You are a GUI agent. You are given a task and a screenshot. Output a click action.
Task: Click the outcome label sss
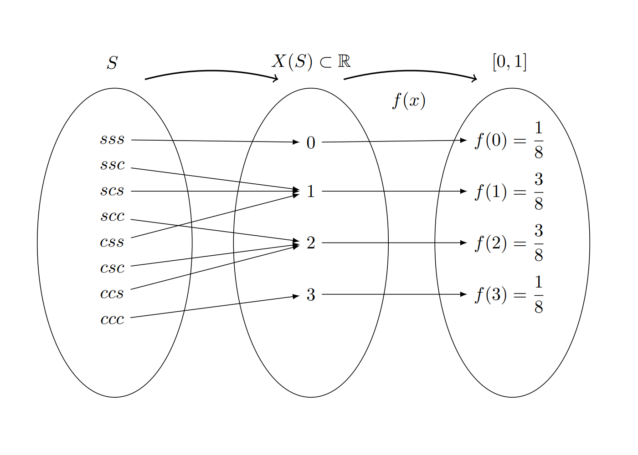pyautogui.click(x=112, y=139)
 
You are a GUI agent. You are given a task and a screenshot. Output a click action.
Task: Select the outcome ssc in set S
pyautogui.click(x=113, y=165)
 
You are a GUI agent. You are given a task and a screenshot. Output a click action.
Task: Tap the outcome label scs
pyautogui.click(x=112, y=191)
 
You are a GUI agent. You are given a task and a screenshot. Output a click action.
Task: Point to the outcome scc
pyautogui.click(x=113, y=216)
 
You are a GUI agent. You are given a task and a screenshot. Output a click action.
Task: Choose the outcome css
pyautogui.click(x=112, y=242)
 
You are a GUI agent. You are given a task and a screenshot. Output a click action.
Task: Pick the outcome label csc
pyautogui.click(x=113, y=268)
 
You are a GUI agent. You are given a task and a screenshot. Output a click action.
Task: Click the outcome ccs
pyautogui.click(x=112, y=293)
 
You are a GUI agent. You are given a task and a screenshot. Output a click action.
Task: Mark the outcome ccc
pyautogui.click(x=113, y=319)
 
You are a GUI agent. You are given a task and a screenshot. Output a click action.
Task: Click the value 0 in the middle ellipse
pyautogui.click(x=311, y=143)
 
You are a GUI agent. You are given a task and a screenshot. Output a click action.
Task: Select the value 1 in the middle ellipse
pyautogui.click(x=311, y=192)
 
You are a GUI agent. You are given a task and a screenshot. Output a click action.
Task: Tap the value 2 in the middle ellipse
pyautogui.click(x=311, y=243)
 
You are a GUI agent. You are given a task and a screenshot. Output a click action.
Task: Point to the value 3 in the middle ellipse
pyautogui.click(x=311, y=295)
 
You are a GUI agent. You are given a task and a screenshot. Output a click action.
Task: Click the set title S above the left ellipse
pyautogui.click(x=113, y=63)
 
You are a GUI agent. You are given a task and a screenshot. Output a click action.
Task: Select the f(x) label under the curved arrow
pyautogui.click(x=409, y=101)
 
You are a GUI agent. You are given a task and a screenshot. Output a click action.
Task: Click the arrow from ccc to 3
pyautogui.click(x=214, y=307)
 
